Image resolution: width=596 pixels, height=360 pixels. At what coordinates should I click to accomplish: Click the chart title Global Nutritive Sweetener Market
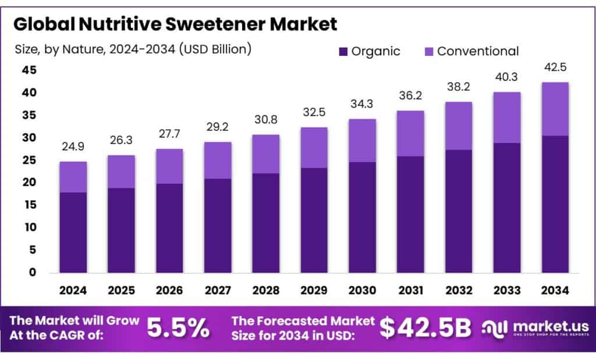point(175,24)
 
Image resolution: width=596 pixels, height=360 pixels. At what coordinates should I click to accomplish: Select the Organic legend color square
point(343,51)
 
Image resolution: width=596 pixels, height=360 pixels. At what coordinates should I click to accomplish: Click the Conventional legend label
point(477,51)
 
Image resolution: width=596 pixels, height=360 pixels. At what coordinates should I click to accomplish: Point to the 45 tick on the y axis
point(29,70)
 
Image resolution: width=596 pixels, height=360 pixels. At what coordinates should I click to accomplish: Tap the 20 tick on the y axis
point(29,183)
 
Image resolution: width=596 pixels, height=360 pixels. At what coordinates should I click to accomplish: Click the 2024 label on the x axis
point(73,290)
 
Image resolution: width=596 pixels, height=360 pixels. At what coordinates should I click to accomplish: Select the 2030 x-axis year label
point(361,290)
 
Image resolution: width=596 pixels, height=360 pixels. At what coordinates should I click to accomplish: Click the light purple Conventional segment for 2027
point(218,160)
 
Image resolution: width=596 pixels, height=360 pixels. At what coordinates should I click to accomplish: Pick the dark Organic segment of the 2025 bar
point(121,230)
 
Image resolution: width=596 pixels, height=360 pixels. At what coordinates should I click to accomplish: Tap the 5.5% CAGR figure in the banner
point(178,329)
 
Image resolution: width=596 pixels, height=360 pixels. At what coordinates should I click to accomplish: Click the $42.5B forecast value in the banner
point(425,329)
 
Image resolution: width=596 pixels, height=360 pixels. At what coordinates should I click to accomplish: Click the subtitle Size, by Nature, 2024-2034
point(133,49)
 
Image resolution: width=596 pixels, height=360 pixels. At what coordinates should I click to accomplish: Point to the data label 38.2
point(458,87)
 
